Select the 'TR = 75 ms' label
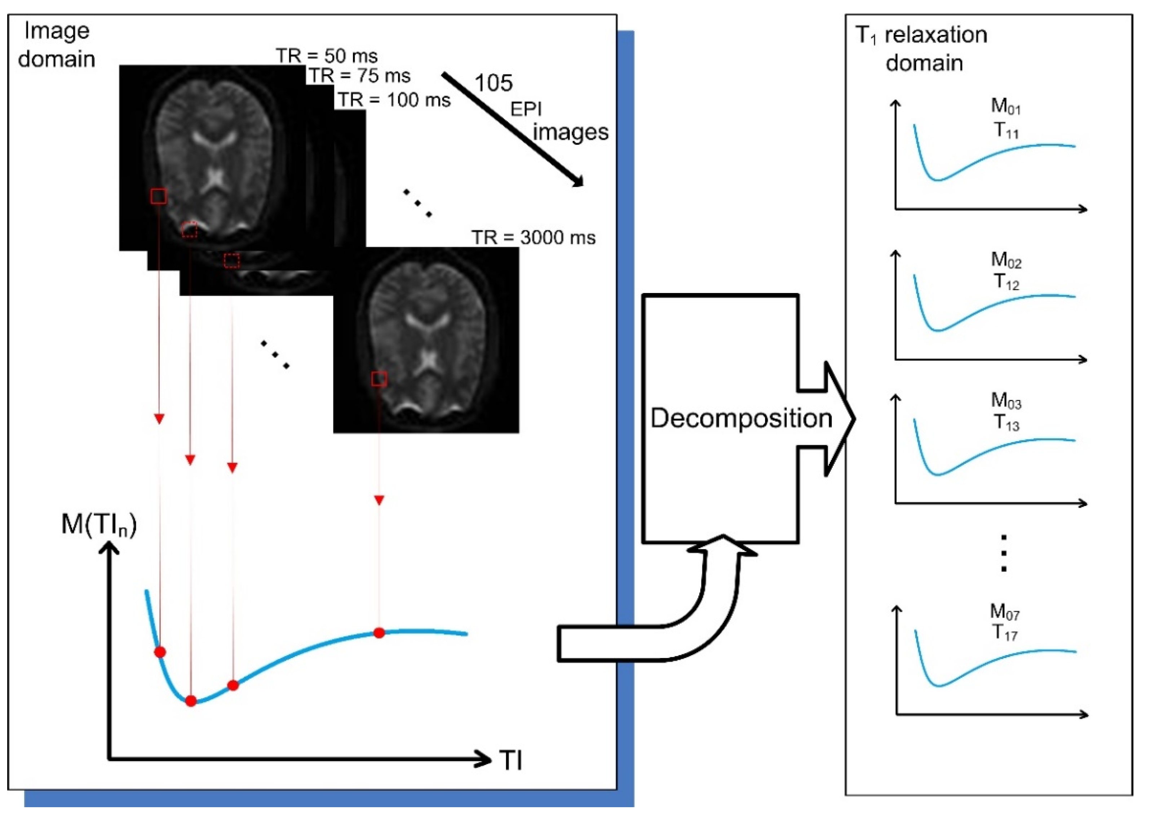pos(360,76)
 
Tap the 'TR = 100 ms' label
pos(394,100)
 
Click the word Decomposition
pos(741,418)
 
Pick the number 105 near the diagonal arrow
pos(494,83)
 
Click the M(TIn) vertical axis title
pos(99,524)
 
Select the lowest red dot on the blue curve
pos(190,701)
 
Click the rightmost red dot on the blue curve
pos(379,633)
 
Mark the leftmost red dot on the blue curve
pos(160,652)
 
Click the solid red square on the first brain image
pos(158,196)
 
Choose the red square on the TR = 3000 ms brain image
pos(379,379)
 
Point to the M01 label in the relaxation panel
pos(1005,106)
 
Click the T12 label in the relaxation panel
pos(1006,283)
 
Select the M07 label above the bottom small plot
pos(1004,612)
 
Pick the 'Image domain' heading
pos(57,45)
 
